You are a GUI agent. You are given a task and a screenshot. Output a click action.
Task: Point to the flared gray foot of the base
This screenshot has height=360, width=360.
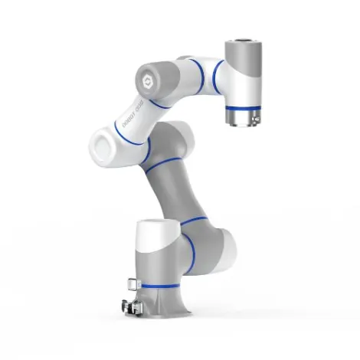click(172, 306)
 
